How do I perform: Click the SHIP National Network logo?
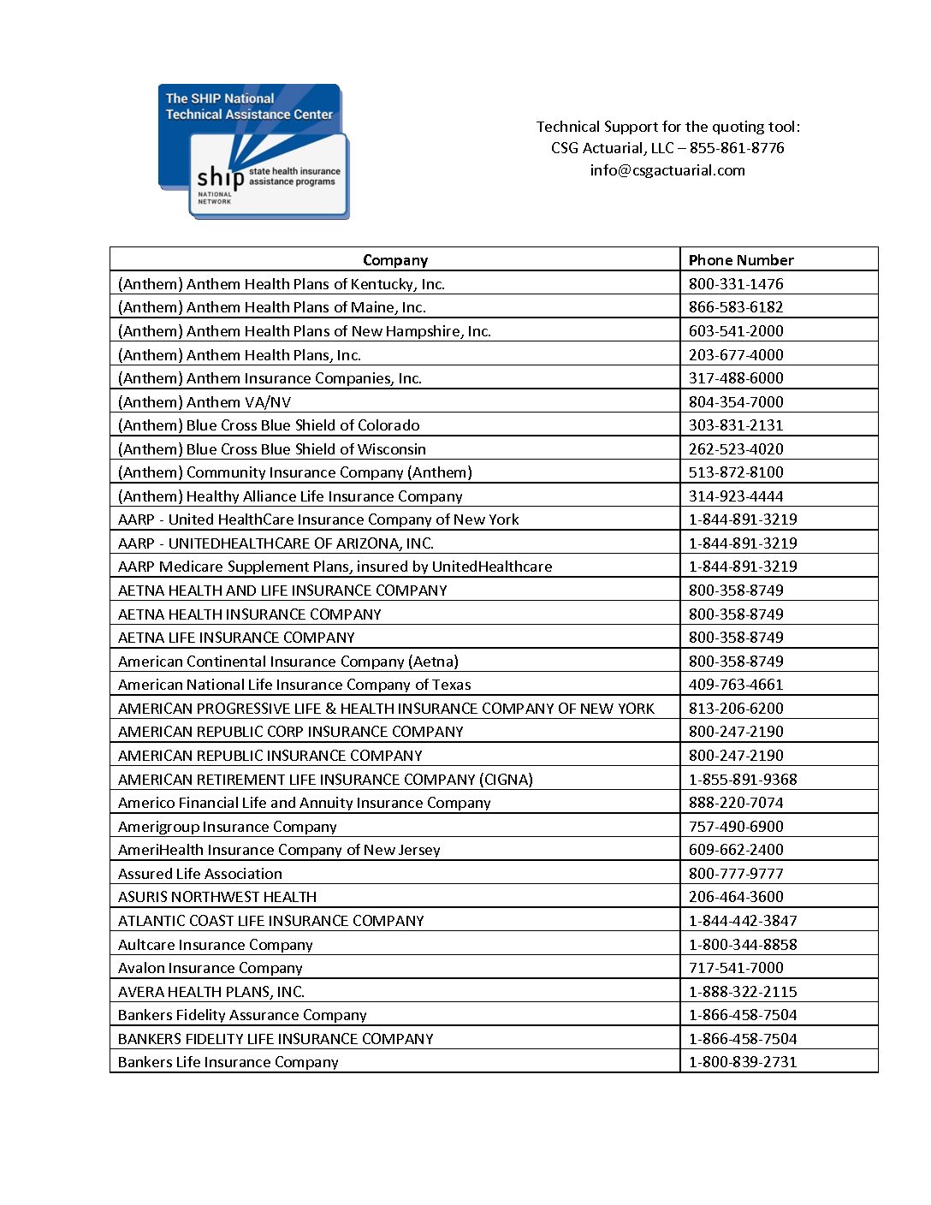click(x=253, y=151)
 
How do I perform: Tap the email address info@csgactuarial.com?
click(x=667, y=170)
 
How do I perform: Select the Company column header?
click(x=394, y=260)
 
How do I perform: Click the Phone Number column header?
click(x=741, y=260)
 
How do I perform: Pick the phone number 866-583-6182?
click(x=736, y=307)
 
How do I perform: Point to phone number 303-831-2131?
click(x=736, y=425)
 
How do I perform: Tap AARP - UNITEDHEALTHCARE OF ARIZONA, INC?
click(x=276, y=543)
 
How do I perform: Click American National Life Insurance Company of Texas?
click(x=294, y=685)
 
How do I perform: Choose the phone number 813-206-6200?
click(x=736, y=709)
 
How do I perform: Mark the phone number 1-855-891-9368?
click(x=743, y=780)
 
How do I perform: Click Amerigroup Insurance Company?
click(x=228, y=827)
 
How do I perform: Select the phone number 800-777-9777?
click(x=736, y=874)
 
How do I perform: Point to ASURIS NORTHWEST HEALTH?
click(x=217, y=897)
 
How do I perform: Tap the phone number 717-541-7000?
click(x=736, y=968)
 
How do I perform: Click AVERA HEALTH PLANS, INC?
click(x=211, y=992)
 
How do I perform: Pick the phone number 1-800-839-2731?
click(x=743, y=1062)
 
